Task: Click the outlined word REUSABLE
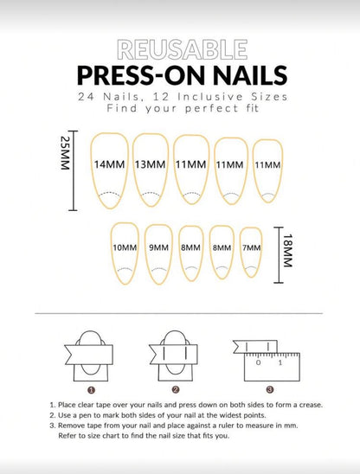pos(183,49)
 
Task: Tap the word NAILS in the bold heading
pos(250,75)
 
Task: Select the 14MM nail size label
pos(110,164)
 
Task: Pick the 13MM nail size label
pos(150,164)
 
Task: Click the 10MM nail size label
pos(125,247)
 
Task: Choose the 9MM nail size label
pos(159,247)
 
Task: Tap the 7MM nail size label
pos(252,247)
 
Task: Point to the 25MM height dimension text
pos(66,153)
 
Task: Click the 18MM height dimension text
pos(287,251)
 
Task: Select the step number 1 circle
pos(92,390)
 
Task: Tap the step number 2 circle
pos(176,389)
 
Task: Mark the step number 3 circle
pos(270,389)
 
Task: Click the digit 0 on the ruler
pos(258,362)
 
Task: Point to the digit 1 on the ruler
pos(280,362)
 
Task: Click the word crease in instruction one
pos(311,405)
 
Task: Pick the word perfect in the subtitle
pos(212,108)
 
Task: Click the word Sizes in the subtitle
pos(269,97)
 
